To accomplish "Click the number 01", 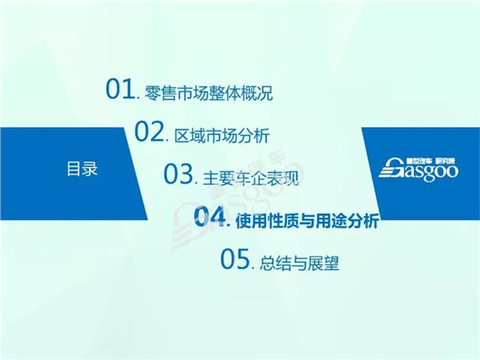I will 121,90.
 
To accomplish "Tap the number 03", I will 178,174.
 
